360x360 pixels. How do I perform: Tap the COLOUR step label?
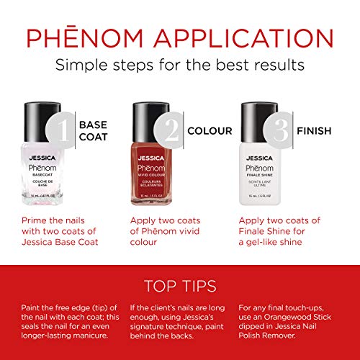(210, 131)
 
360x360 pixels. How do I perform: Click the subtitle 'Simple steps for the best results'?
(179, 66)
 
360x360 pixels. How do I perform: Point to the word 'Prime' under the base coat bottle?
(36, 220)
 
